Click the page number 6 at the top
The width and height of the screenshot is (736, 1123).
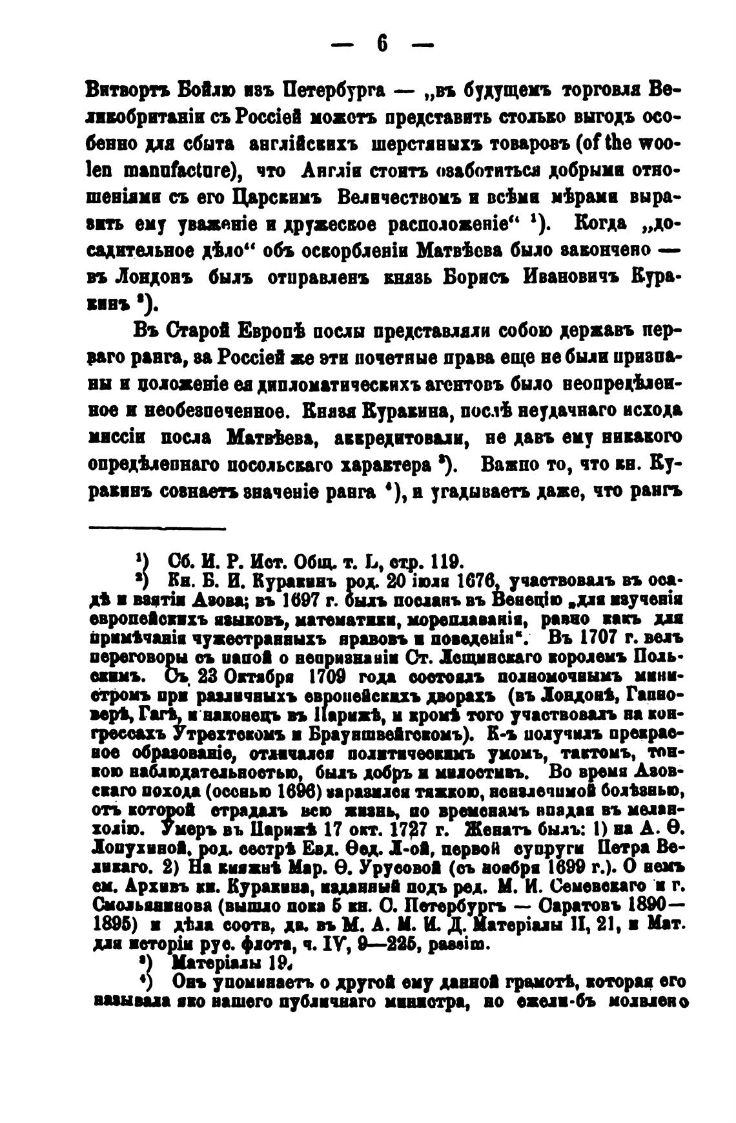tap(382, 45)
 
